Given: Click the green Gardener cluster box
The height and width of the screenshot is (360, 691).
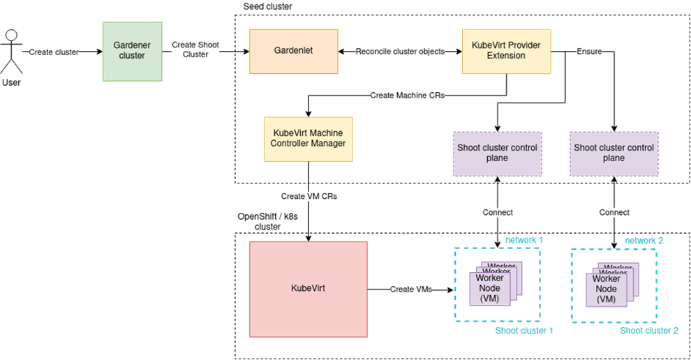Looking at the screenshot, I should [x=132, y=50].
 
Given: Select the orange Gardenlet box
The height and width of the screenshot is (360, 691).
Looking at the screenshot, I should [x=293, y=51].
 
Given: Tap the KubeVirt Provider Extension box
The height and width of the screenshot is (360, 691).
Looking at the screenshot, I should [x=506, y=51].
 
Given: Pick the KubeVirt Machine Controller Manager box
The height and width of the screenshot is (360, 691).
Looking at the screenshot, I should [x=308, y=139].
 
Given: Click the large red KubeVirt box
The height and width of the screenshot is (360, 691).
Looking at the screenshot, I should [x=308, y=289].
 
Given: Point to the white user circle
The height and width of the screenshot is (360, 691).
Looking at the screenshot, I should [x=11, y=35].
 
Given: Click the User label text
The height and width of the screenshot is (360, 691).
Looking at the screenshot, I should [x=11, y=83].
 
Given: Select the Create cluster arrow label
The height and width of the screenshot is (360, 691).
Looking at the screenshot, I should [x=54, y=52].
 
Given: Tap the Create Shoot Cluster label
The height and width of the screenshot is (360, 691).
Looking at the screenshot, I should [x=195, y=50].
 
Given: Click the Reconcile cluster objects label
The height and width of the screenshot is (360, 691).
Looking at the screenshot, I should [x=400, y=52].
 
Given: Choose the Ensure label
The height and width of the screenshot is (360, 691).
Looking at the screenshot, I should [x=589, y=52].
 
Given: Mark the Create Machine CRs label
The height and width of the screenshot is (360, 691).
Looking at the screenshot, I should [x=407, y=96].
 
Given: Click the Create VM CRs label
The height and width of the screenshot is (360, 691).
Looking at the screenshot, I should [x=309, y=197].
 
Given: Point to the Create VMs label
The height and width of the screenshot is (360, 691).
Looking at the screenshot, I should [x=411, y=290].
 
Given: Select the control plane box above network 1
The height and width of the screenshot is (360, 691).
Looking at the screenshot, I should [x=497, y=153].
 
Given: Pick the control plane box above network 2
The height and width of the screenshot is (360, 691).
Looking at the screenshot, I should [x=614, y=153].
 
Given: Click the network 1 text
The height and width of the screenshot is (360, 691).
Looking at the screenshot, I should [x=524, y=240].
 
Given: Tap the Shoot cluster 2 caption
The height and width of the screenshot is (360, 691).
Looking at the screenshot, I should [x=649, y=330].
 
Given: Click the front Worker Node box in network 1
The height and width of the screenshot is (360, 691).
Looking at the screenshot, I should [x=490, y=288].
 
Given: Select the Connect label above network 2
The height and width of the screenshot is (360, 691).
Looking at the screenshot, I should [x=614, y=212].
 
